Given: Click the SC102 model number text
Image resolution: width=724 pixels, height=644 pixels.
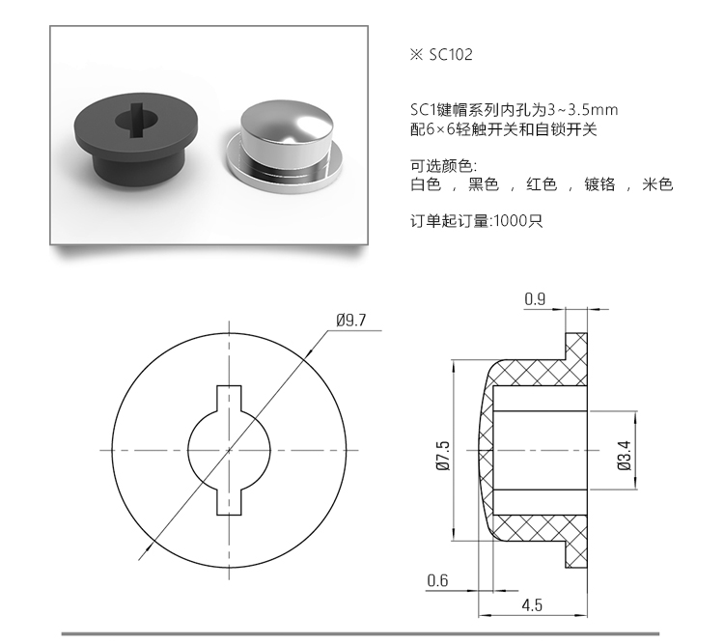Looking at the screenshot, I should point(447,55).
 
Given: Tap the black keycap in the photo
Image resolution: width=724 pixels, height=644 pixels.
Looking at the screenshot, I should point(135,140).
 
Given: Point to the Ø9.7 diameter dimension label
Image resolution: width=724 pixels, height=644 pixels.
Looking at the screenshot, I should point(350,321).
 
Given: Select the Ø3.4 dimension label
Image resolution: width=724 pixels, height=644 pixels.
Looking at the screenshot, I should point(624,453).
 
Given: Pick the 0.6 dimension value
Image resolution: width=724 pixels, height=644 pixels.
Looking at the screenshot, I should point(437,579).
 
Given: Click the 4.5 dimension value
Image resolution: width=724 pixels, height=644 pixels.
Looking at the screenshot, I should point(531,605).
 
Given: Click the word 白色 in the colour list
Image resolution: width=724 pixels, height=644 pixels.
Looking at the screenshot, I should point(426,184).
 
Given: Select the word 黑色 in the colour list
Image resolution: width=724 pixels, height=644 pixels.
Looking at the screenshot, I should point(483,184).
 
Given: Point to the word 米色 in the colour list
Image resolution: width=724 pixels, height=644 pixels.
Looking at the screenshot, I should point(657,184).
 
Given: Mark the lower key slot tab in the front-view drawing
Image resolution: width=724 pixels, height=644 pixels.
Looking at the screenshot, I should point(230,501).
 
